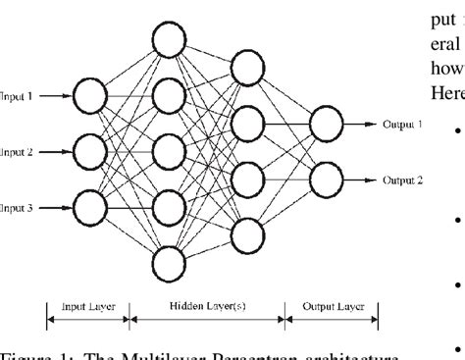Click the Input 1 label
17,97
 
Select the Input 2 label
17,153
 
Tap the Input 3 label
17,208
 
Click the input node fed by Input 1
90,97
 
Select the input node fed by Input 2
90,153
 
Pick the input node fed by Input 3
90,208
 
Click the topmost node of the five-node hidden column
169,40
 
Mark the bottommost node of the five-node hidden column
169,265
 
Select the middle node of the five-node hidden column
169,153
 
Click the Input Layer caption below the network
88,306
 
